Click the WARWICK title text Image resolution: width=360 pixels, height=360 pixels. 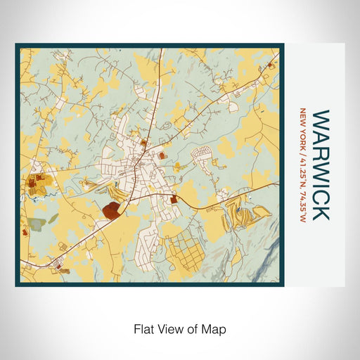tap(320, 165)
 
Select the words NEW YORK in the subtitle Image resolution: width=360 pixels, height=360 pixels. tap(303, 126)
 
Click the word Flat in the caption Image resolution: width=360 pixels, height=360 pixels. tap(143, 328)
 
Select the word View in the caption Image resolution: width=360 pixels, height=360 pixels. tap(169, 328)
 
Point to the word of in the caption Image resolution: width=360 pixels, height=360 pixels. tap(193, 328)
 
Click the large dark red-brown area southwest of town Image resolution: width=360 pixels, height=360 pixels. tap(112, 208)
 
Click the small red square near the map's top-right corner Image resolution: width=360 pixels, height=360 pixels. tap(271, 65)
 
